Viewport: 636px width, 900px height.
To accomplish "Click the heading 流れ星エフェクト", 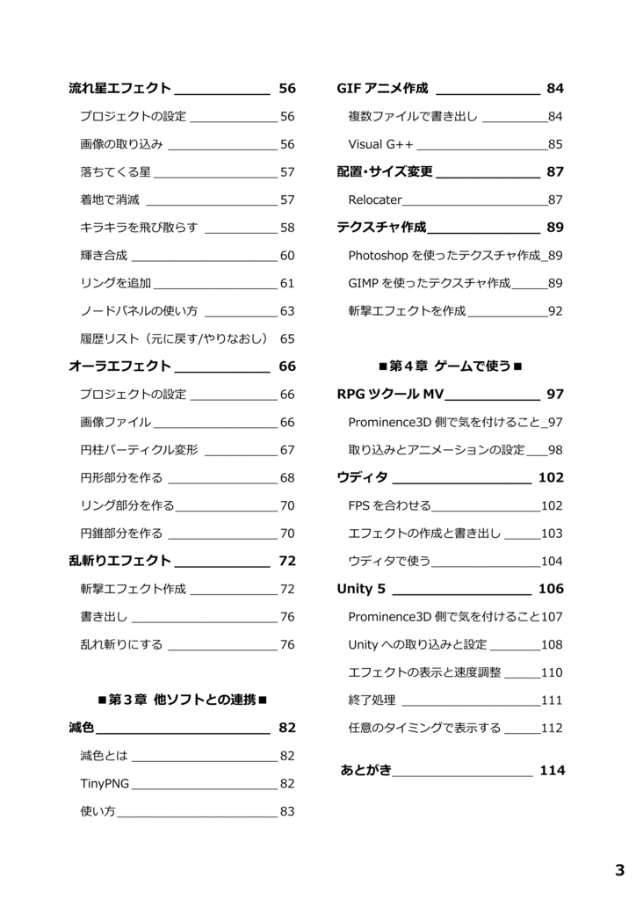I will tap(119, 88).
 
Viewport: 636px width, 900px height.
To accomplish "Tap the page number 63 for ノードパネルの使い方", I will tap(287, 311).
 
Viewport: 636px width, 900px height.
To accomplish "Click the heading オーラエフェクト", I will tap(119, 367).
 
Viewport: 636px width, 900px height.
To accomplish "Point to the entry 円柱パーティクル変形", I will tap(139, 450).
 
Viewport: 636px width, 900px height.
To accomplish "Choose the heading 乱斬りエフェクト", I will tap(119, 561).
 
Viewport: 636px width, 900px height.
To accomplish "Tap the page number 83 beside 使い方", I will tap(287, 812).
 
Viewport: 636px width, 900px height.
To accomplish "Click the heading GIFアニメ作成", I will tap(382, 88).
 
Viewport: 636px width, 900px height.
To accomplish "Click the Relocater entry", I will tap(375, 200).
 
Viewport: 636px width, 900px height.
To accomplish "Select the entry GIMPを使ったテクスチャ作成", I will tap(430, 283).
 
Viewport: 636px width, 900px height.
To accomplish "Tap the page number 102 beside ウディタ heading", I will tap(551, 478).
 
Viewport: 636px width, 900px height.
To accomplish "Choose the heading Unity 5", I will tap(360, 589).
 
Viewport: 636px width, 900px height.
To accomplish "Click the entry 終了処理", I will tap(372, 700).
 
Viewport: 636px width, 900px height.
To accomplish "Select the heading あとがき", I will tap(366, 771).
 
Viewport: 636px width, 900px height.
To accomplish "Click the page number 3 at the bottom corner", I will tap(619, 871).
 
